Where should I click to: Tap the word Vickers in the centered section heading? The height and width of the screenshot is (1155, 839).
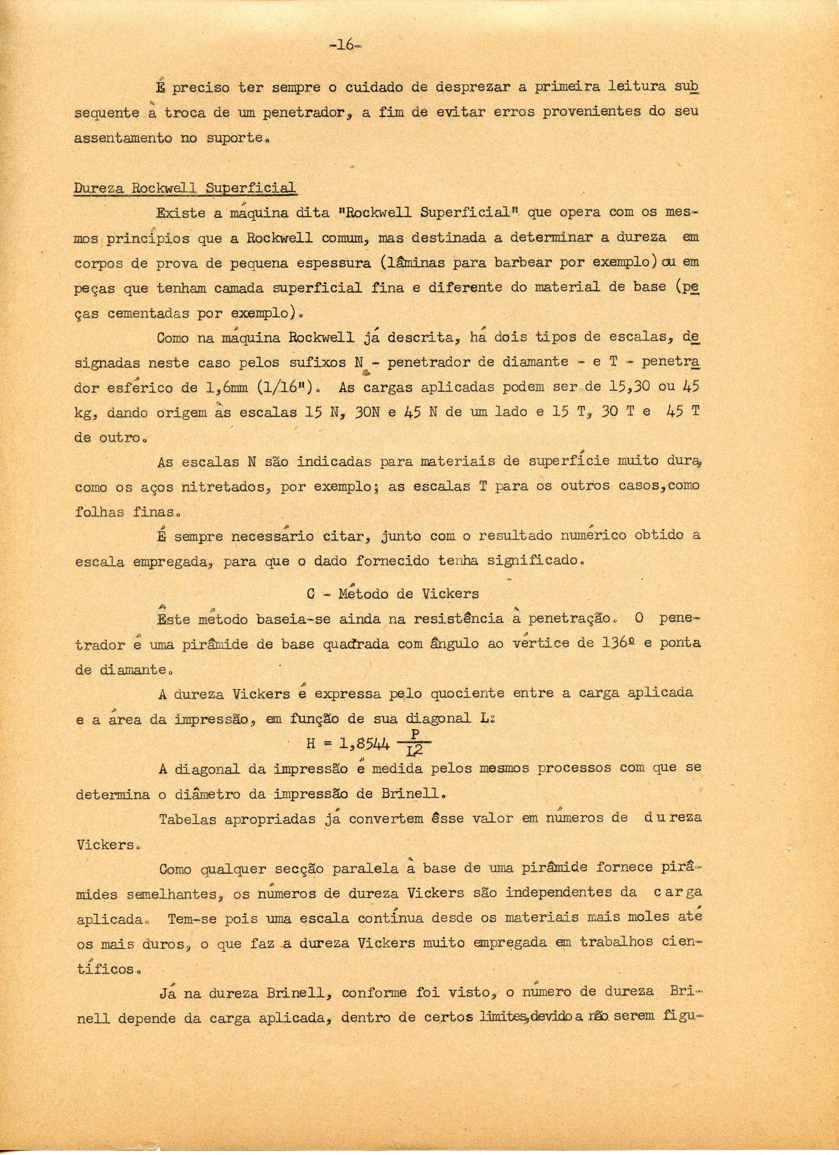(450, 593)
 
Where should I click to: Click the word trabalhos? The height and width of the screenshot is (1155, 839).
(617, 942)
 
